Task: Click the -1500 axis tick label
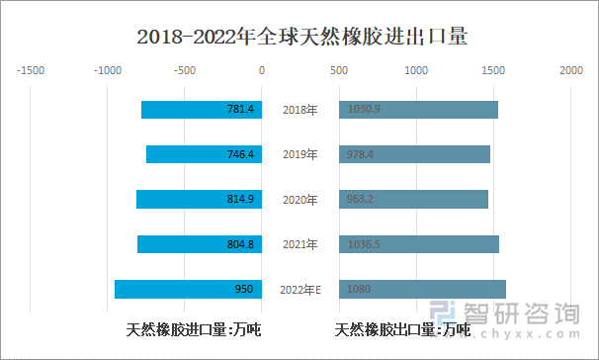[30, 71]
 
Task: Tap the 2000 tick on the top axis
[569, 71]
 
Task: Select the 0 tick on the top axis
[261, 71]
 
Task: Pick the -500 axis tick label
[184, 71]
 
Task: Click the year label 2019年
[299, 154]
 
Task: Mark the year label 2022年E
[299, 289]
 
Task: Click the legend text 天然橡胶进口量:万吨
[193, 329]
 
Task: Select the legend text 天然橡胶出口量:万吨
[402, 329]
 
